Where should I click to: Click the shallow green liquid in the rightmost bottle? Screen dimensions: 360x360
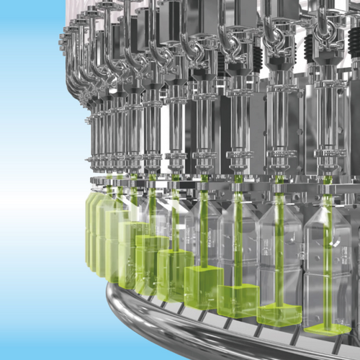coord(327,328)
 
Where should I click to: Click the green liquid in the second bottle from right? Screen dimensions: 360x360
coord(279,313)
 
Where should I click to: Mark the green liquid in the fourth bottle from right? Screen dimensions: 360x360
coord(204,280)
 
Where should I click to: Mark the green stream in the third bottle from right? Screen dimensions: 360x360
coord(238,245)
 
